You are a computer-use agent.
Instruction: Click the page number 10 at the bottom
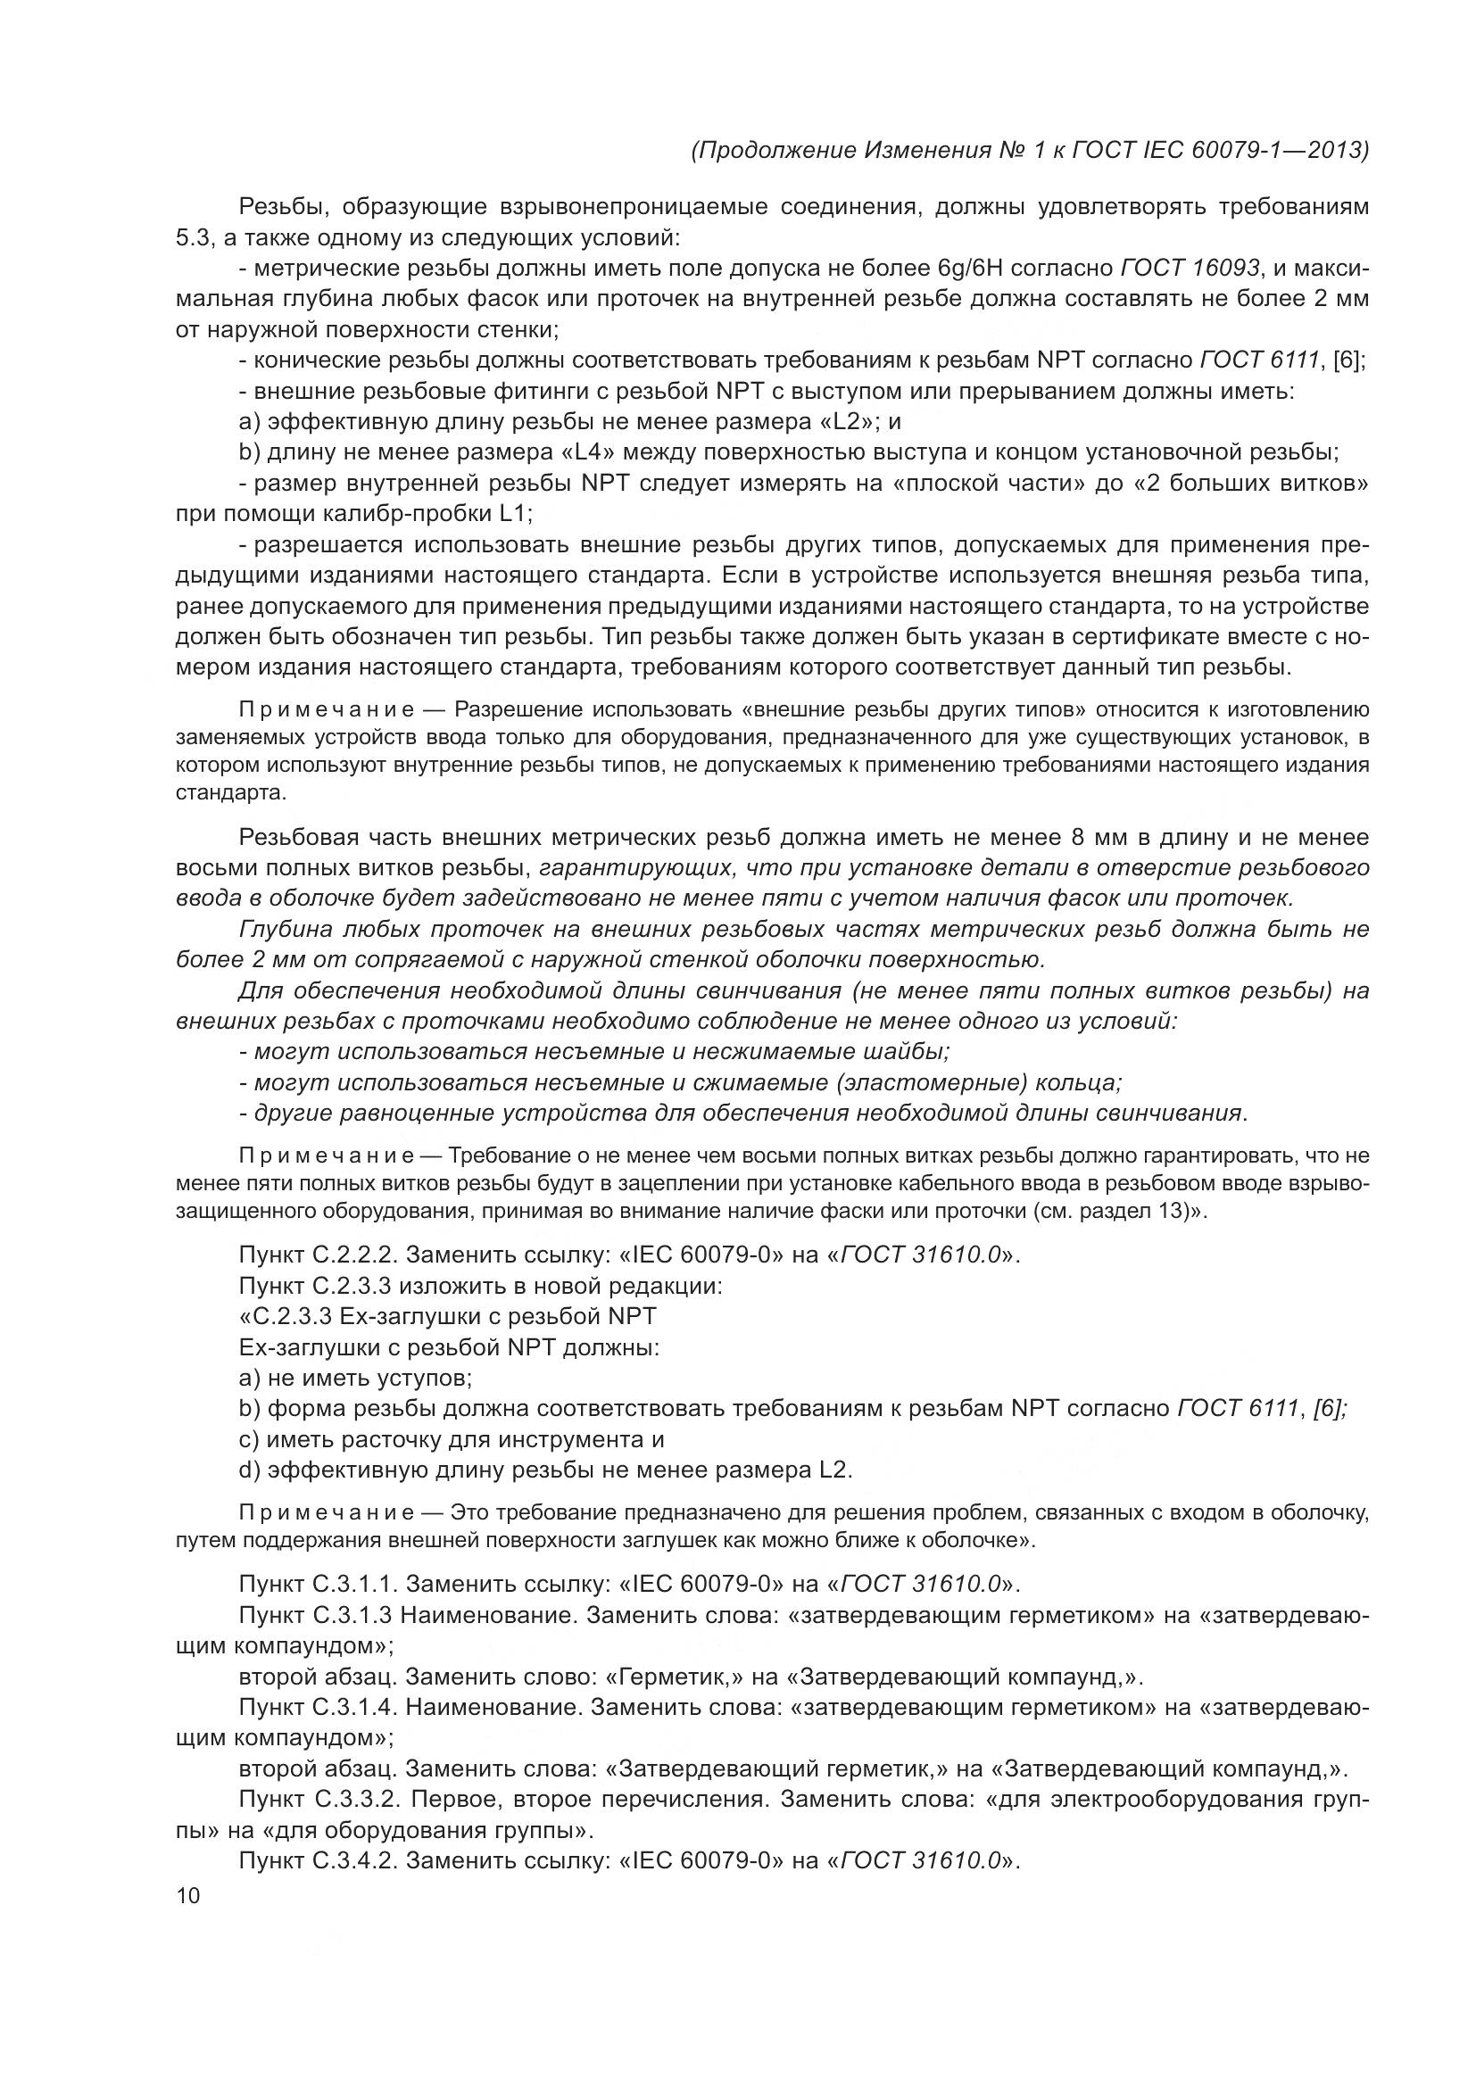(x=187, y=1896)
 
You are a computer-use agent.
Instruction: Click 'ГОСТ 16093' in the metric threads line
(x=1190, y=269)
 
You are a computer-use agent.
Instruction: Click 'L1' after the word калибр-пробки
(x=515, y=514)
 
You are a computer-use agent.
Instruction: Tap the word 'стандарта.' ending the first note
(x=231, y=792)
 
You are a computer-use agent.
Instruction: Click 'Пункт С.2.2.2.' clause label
(x=318, y=1255)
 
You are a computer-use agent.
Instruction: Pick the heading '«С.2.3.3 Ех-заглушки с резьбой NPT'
(x=447, y=1316)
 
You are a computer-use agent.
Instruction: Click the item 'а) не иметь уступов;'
(x=355, y=1378)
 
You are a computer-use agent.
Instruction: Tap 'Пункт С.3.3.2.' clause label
(x=318, y=1799)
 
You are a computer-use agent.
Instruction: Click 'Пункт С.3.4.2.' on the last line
(x=318, y=1860)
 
